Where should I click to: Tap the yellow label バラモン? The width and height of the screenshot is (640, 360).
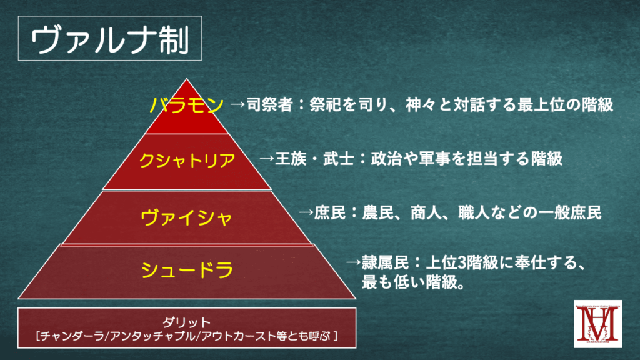coord(186,104)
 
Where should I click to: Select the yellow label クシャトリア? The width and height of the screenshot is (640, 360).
coord(187,159)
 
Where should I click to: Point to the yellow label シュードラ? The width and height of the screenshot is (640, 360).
coord(187,270)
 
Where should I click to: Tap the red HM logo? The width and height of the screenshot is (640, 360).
coord(597,324)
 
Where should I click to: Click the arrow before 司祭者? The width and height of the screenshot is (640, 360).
coord(237,104)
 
